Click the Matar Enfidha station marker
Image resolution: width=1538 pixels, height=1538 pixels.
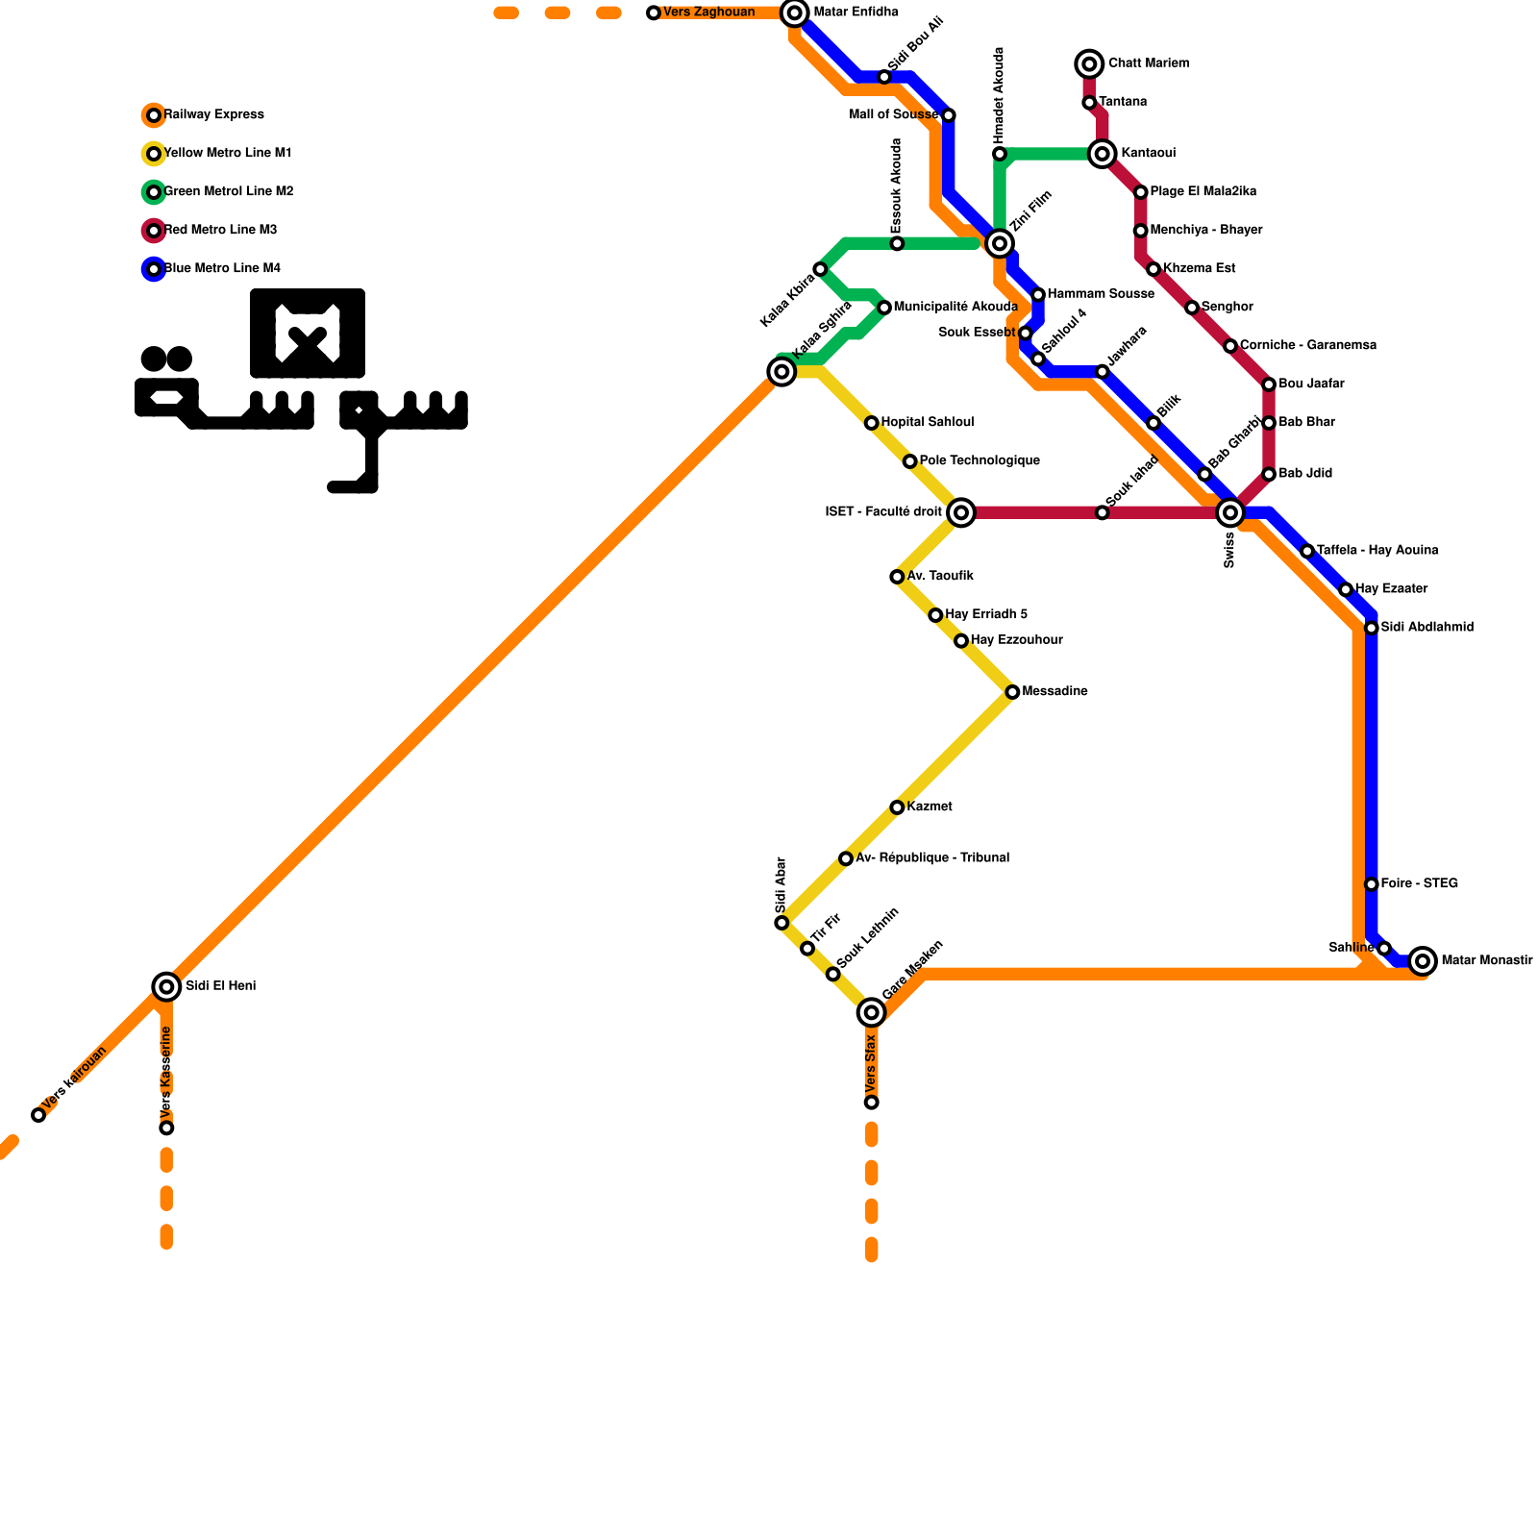tap(794, 12)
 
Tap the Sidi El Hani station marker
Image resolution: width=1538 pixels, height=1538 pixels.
tap(166, 986)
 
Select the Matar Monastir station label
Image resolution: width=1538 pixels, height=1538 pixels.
tap(1486, 960)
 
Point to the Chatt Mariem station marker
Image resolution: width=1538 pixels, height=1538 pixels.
tap(1089, 64)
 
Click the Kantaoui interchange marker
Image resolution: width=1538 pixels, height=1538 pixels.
tap(1103, 154)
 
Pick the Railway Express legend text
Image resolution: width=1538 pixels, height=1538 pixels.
tap(213, 115)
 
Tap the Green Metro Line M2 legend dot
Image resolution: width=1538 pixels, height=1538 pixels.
tap(154, 192)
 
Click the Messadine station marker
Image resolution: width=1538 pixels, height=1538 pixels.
tap(1012, 692)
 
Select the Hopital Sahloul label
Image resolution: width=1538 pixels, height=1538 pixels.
tap(927, 423)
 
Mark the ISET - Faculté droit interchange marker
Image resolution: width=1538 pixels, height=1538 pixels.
tap(961, 512)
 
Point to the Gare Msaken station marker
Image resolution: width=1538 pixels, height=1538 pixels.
tap(871, 1012)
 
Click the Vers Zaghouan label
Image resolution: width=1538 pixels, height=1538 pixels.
tap(708, 12)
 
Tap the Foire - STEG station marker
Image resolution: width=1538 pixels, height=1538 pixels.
tap(1372, 884)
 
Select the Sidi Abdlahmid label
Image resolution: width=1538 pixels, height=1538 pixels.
tap(1426, 628)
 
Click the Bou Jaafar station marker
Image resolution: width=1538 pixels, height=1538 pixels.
tap(1269, 384)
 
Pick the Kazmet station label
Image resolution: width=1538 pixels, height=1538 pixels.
tap(929, 807)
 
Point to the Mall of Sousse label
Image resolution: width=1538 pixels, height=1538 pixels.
tap(893, 115)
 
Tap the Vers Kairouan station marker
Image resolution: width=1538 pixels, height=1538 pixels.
tap(38, 1115)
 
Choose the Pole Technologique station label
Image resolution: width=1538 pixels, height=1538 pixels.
tap(979, 461)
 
